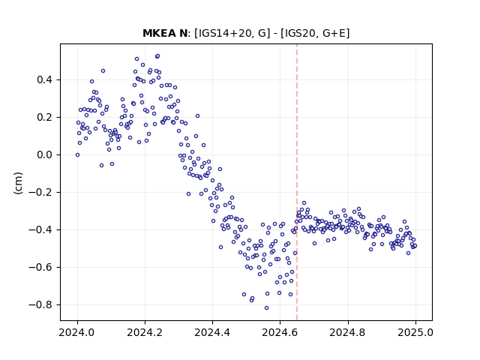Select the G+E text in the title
pyautogui.click(x=334, y=33)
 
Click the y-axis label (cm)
pyautogui.click(x=18, y=183)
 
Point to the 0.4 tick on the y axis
pyautogui.click(x=44, y=80)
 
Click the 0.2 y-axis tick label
pyautogui.click(x=44, y=118)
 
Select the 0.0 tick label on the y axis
pyautogui.click(x=44, y=155)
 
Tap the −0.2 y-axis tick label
pyautogui.click(x=40, y=193)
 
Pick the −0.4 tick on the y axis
pyautogui.click(x=40, y=230)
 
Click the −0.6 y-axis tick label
pyautogui.click(x=40, y=268)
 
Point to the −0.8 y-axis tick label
pyautogui.click(x=40, y=305)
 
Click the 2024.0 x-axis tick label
pyautogui.click(x=77, y=332)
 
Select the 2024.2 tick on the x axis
pyautogui.click(x=145, y=332)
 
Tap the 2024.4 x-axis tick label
pyautogui.click(x=212, y=332)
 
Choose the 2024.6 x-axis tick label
pyautogui.click(x=280, y=332)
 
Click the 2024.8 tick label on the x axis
pyautogui.click(x=347, y=332)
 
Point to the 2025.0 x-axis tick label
pyautogui.click(x=415, y=332)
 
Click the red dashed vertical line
pyautogui.click(x=297, y=182)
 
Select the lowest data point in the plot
pyautogui.click(x=267, y=308)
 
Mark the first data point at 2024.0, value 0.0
pyautogui.click(x=77, y=155)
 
